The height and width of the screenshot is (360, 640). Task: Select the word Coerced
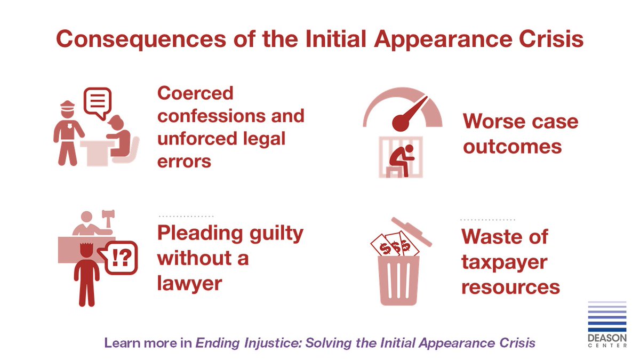point(195,93)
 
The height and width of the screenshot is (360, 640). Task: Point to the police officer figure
point(68,133)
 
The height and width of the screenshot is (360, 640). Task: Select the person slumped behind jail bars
point(397,159)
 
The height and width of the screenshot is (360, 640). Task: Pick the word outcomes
point(512,146)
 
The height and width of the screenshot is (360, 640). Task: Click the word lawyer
point(189,283)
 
